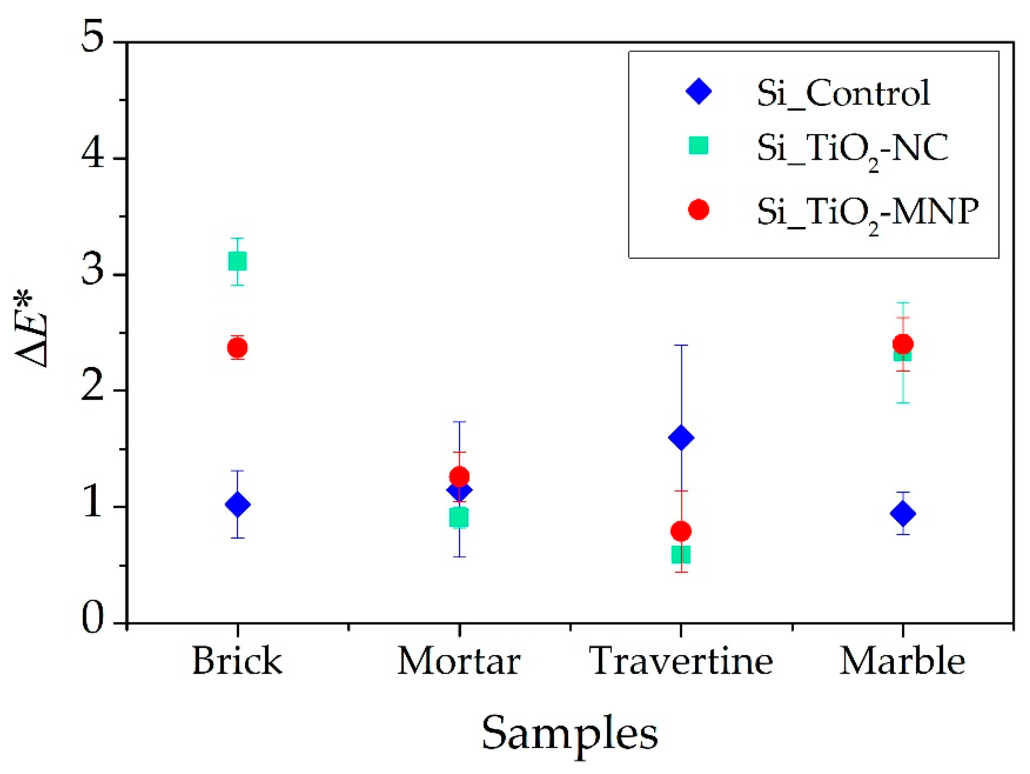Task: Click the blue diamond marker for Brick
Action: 237,504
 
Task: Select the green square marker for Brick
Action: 237,261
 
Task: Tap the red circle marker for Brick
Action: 237,348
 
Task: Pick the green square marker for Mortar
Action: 459,518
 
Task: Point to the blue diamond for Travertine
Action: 681,438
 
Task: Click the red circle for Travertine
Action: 681,531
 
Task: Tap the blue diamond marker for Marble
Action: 903,514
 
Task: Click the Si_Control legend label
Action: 843,93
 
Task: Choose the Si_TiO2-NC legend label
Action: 852,149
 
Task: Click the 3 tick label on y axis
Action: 92,272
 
